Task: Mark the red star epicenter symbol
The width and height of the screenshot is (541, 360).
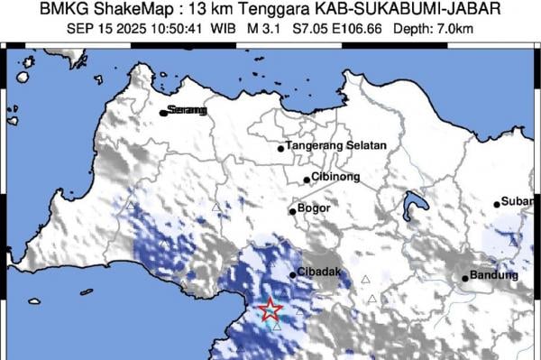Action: tap(270, 311)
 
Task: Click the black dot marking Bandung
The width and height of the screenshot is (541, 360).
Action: tap(465, 278)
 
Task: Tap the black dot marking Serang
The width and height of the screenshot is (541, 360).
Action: tap(163, 113)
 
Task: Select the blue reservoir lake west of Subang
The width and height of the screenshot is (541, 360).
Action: tap(414, 205)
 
